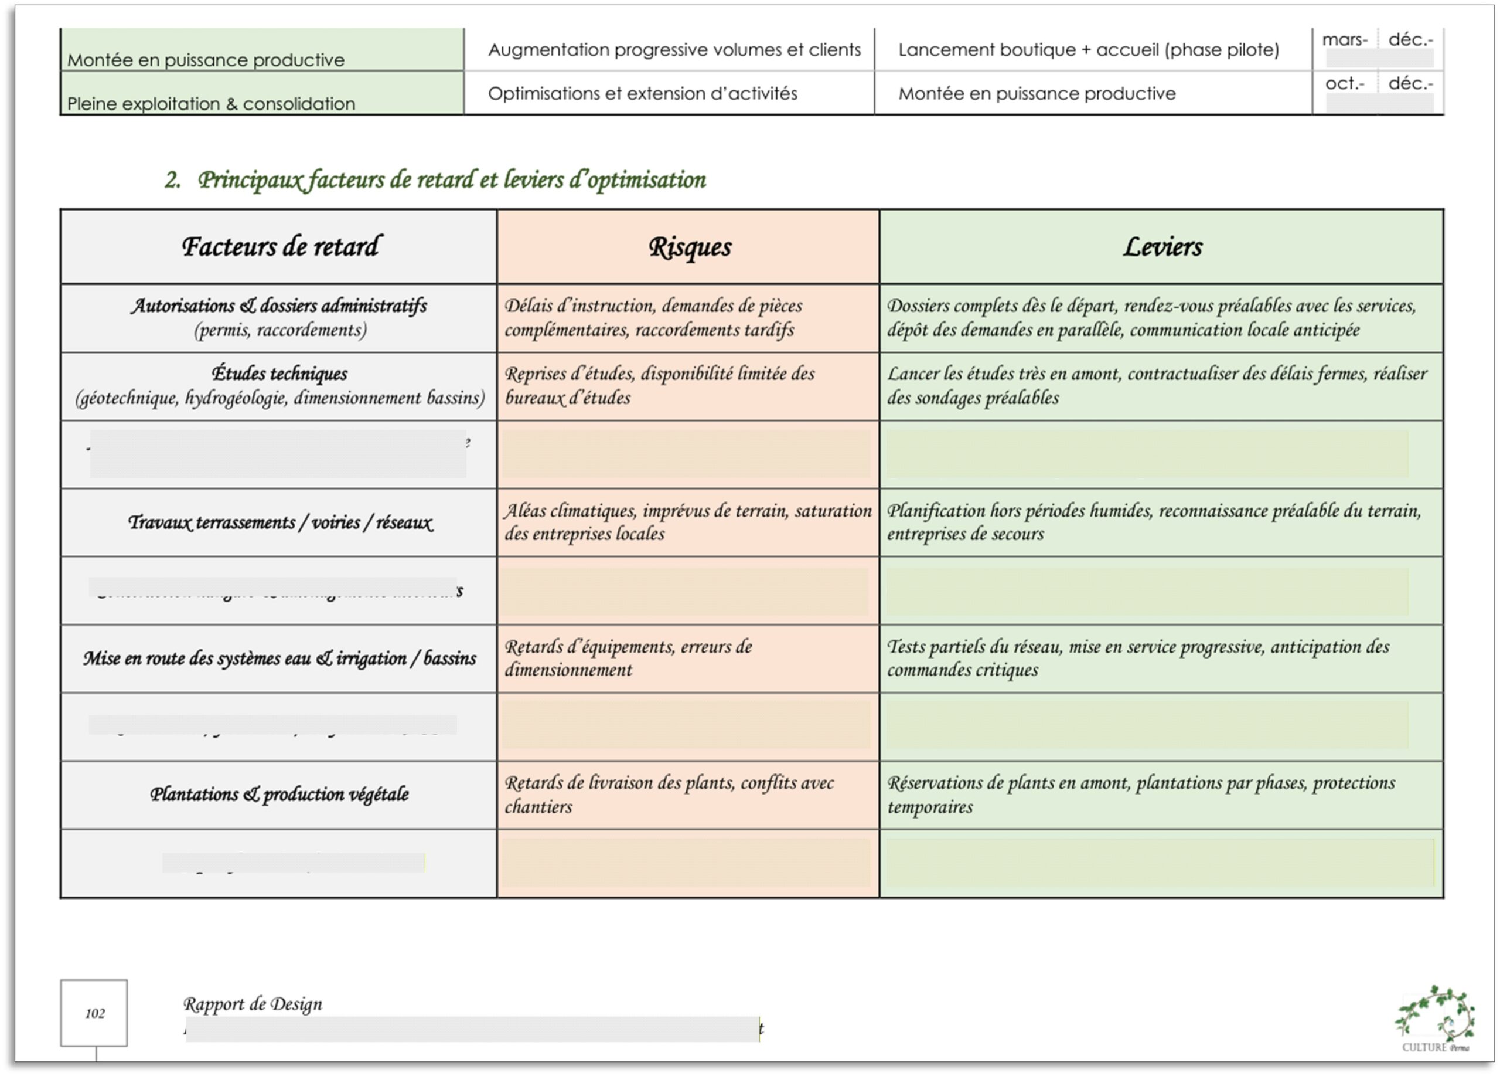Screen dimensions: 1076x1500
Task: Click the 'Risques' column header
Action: (688, 247)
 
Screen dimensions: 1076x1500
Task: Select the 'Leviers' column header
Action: (1161, 247)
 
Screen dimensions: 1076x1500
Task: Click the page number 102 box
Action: (94, 1013)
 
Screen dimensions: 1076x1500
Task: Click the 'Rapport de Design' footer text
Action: (252, 1004)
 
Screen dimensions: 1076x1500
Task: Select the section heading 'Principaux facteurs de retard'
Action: (451, 180)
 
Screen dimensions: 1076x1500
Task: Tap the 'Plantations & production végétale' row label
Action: (279, 794)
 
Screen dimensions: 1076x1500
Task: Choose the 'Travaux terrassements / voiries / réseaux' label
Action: (279, 523)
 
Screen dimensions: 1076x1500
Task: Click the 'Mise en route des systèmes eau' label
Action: (279, 659)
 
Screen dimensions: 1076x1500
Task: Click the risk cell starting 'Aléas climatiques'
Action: (688, 522)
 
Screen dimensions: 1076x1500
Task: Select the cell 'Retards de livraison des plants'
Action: (669, 794)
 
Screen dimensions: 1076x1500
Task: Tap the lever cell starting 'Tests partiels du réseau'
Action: (1137, 658)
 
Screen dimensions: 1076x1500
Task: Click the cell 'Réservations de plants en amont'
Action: (1140, 794)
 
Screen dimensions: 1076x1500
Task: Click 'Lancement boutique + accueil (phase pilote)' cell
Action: (1088, 50)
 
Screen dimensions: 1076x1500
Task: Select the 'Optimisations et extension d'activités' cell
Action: (642, 93)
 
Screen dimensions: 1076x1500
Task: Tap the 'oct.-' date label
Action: (1345, 84)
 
